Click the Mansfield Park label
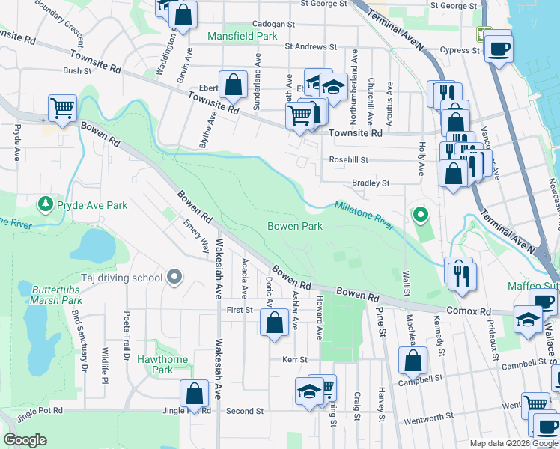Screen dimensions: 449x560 [242, 36]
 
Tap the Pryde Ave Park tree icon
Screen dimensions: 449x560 [46, 204]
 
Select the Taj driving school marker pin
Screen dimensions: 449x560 [174, 278]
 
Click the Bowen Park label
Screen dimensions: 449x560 [295, 226]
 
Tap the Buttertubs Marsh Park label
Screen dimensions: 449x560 [57, 294]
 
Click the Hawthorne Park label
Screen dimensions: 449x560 [155, 364]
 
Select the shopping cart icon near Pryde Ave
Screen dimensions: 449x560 [62, 107]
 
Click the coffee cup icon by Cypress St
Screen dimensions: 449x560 [498, 49]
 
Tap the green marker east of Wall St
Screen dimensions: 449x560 [421, 216]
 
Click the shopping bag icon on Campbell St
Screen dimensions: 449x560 [413, 361]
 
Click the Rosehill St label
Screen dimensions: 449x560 [349, 159]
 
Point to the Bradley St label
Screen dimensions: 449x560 [371, 183]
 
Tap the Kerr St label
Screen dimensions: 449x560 [295, 360]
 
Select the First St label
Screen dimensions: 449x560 [240, 309]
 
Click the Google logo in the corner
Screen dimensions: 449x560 [25, 439]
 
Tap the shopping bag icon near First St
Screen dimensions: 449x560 [275, 323]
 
